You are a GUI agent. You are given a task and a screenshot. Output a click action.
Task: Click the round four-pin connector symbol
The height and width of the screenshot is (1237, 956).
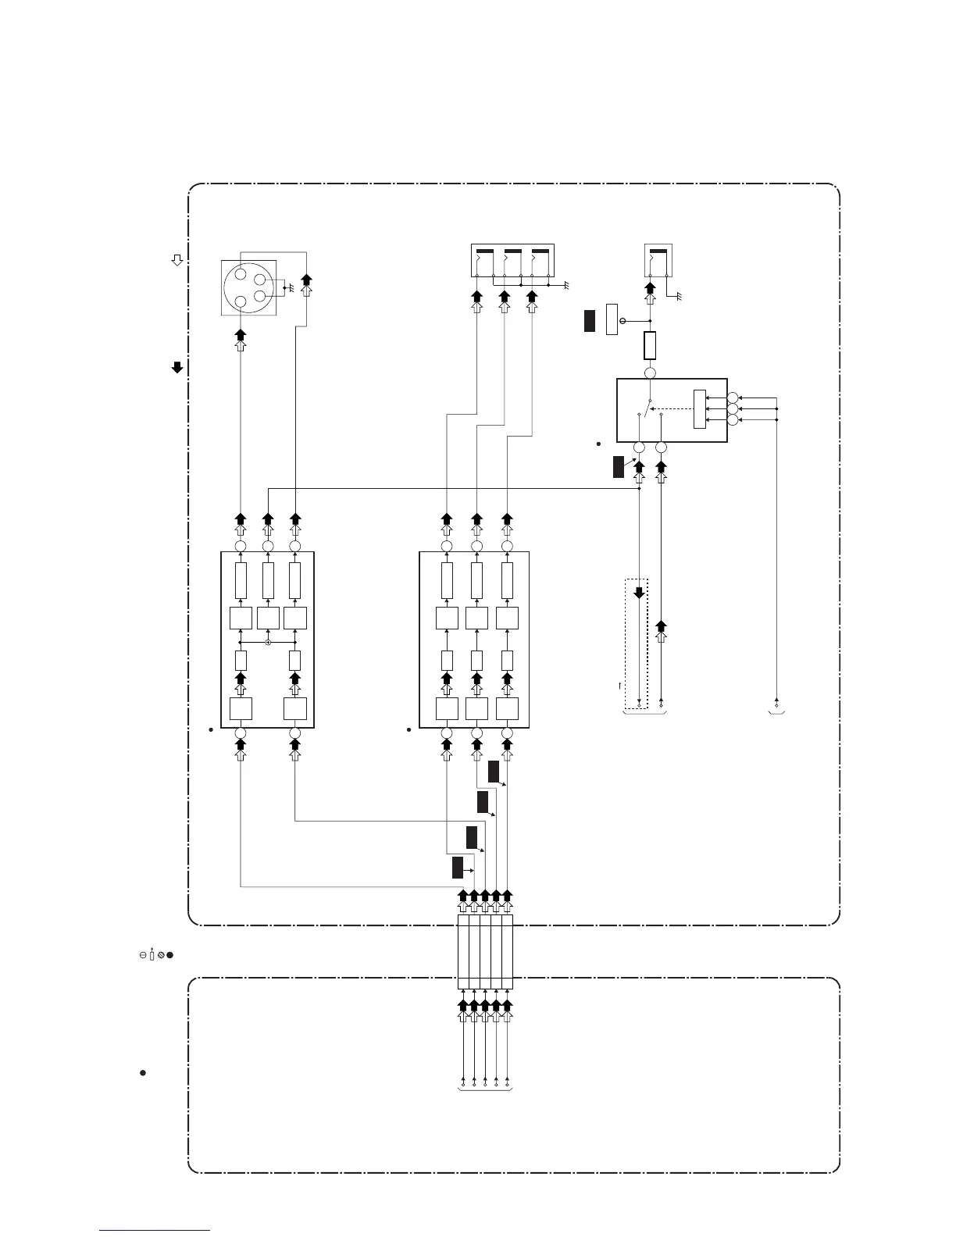[249, 287]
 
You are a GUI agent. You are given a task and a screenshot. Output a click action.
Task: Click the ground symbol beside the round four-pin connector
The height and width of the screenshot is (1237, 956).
[290, 287]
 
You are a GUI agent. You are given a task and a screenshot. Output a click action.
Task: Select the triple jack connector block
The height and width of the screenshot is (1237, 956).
[512, 260]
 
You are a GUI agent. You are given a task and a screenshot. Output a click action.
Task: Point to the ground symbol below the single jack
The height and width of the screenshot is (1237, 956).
[678, 297]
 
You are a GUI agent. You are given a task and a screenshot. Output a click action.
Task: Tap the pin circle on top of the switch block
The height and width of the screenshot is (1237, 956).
[650, 373]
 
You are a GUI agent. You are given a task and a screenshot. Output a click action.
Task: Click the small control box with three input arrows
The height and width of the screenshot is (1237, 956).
[699, 408]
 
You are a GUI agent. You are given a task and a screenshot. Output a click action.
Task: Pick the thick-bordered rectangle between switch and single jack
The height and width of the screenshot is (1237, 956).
[650, 345]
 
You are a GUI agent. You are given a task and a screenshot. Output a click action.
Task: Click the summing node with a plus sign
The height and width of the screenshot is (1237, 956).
[268, 642]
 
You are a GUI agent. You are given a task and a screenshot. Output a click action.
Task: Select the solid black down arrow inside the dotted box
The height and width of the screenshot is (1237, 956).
[639, 592]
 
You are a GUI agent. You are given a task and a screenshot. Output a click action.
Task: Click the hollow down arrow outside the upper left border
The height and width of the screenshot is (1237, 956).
[177, 260]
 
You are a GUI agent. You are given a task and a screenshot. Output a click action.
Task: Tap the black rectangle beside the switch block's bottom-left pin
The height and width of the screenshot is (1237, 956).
[619, 466]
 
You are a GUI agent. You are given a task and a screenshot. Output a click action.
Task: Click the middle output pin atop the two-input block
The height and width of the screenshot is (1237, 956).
[268, 546]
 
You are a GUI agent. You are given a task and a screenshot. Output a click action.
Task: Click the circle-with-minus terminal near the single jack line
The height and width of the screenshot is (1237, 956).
[622, 321]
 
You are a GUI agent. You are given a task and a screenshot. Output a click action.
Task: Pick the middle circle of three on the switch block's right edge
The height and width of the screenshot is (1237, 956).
[733, 408]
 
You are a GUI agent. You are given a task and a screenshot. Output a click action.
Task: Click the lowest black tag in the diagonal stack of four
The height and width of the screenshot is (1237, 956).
[457, 867]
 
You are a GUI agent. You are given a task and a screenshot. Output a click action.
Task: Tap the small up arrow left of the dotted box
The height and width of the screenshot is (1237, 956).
[619, 685]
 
